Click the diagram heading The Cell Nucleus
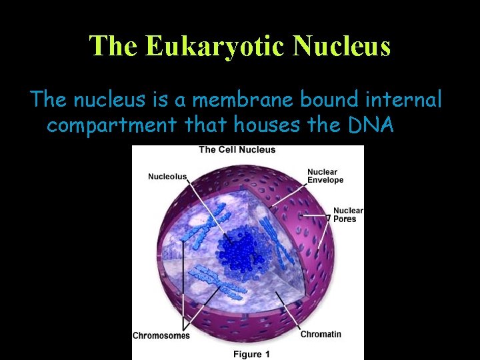point(237,149)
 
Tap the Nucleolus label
point(167,177)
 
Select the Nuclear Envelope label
point(325,176)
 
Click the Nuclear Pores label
point(347,215)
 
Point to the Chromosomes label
point(161,335)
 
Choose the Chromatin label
point(321,334)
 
